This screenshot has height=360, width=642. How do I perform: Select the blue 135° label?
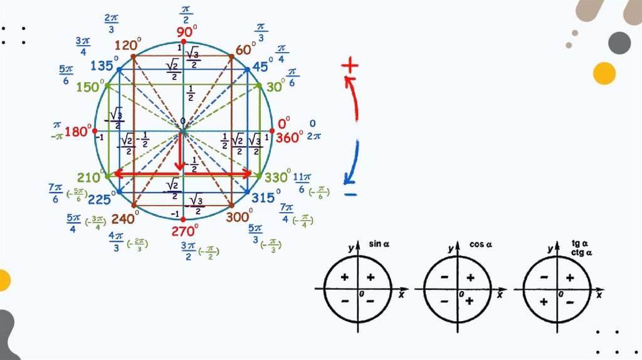coord(103,66)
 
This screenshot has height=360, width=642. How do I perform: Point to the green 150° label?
coord(90,88)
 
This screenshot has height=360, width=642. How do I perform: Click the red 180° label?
coord(78,132)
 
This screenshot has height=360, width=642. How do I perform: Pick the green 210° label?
coord(90,178)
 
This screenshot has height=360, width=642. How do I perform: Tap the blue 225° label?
coord(100,199)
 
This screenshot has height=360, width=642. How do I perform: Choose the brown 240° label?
coord(124,218)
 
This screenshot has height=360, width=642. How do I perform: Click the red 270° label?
coord(185,231)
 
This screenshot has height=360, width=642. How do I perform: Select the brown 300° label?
coord(239,217)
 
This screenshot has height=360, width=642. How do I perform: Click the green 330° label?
coord(276,177)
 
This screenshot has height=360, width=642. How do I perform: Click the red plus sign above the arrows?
coord(350,65)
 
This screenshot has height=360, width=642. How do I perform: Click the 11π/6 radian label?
coord(302,182)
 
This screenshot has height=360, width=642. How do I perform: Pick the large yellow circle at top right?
coord(605,73)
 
